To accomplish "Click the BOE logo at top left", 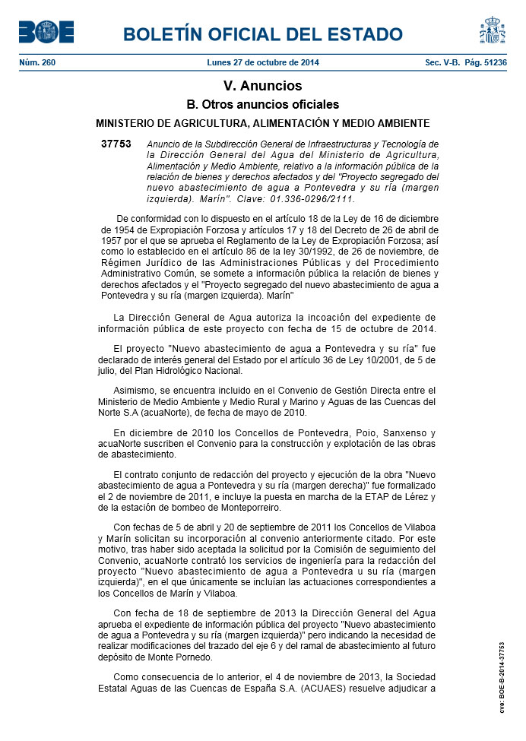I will point(46,31).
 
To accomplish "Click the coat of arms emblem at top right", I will point(492,30).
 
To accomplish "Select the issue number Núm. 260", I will point(37,62).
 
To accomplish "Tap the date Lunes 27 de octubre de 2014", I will point(263,62).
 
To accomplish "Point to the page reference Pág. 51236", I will point(486,62).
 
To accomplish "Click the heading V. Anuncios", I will point(262,86).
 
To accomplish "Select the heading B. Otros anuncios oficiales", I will point(262,105).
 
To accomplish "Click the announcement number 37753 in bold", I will point(116,144).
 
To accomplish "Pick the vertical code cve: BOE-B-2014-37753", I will point(502,676).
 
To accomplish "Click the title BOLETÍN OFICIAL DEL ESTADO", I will point(262,34).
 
